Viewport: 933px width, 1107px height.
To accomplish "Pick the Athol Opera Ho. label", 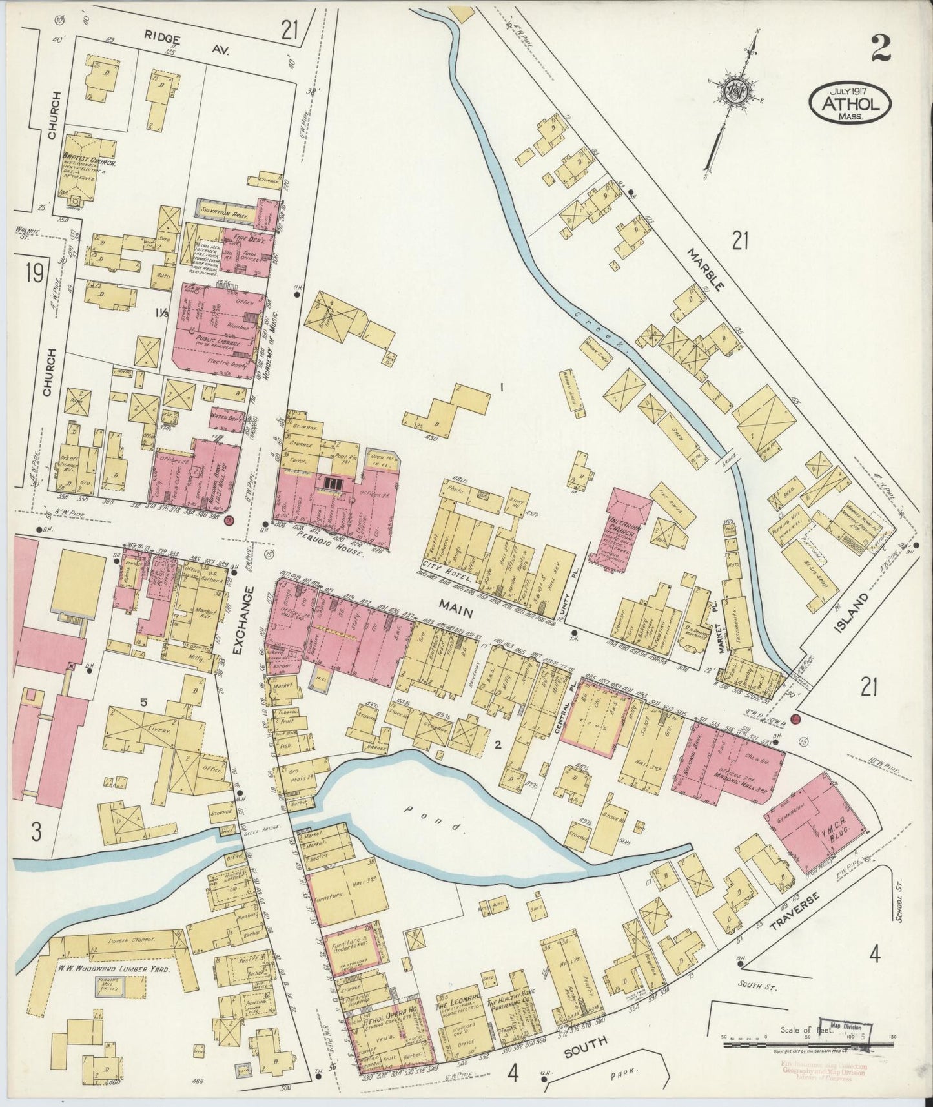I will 382,1022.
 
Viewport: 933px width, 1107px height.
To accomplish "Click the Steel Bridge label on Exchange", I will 259,834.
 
